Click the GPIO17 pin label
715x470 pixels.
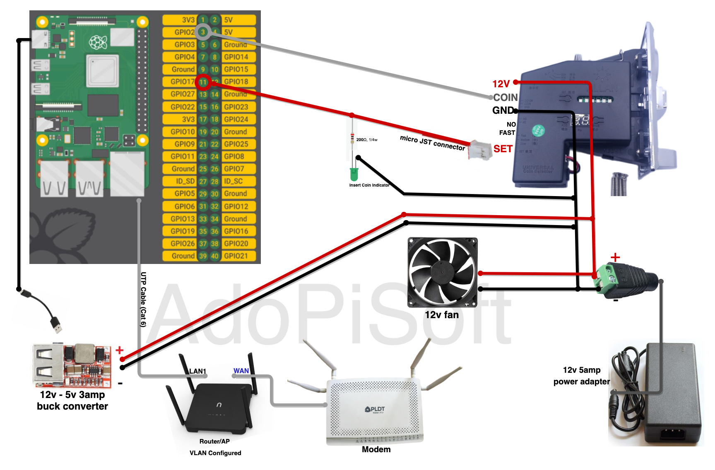pos(182,82)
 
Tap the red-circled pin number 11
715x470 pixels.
pos(203,82)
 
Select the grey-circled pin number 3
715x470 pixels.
pos(203,32)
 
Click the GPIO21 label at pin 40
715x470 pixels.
pos(236,256)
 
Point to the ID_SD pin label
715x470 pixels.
pos(185,181)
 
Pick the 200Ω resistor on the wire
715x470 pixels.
pos(352,138)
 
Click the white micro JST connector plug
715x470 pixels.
pos(479,149)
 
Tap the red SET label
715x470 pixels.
pos(503,149)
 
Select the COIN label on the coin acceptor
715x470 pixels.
pos(506,98)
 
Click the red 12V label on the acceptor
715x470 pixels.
pos(501,84)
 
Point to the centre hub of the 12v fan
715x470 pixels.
pos(442,272)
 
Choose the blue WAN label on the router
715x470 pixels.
pos(241,371)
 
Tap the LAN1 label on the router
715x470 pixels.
pos(197,371)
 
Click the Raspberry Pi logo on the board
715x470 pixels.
pos(98,42)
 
